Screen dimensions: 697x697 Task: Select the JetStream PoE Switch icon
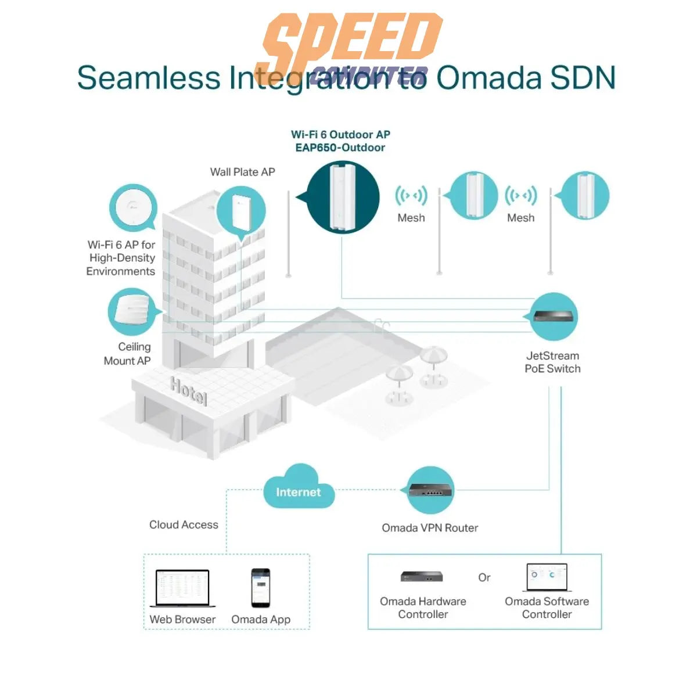click(x=554, y=317)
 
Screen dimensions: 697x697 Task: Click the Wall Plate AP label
click(x=242, y=172)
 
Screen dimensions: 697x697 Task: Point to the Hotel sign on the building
click(x=188, y=390)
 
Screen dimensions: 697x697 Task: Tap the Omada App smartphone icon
click(x=261, y=588)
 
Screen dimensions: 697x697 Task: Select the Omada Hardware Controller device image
click(x=422, y=576)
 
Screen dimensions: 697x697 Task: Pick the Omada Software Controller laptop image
click(x=547, y=577)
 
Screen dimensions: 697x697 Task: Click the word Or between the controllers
click(x=484, y=577)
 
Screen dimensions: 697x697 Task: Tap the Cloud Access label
click(x=184, y=524)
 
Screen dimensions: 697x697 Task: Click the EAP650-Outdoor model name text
click(x=340, y=148)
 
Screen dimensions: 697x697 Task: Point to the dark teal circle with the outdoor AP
click(x=343, y=197)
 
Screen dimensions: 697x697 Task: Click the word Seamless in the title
click(x=149, y=78)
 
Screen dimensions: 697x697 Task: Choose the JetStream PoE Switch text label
click(x=552, y=362)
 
